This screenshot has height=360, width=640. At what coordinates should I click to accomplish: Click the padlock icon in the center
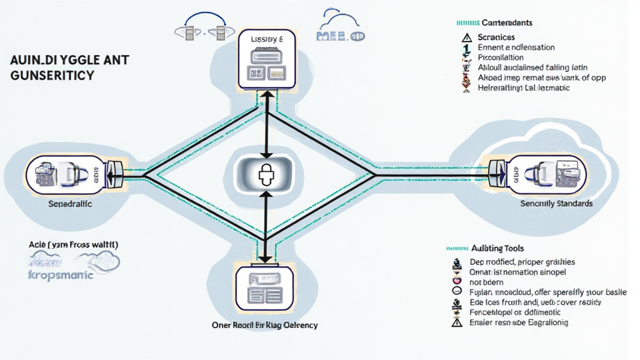[x=266, y=171]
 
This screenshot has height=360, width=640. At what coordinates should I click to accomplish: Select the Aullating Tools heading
[x=497, y=249]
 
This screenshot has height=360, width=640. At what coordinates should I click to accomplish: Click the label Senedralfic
[x=71, y=204]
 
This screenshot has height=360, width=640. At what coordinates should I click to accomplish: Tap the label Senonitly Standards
[x=556, y=204]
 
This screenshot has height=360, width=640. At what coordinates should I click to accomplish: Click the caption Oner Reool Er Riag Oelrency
[x=265, y=325]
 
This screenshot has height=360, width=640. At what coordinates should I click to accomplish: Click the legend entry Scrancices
[x=496, y=37]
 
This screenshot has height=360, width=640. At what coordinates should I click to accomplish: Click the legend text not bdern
[x=486, y=282]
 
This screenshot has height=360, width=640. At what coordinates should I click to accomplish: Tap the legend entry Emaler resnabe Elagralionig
[x=518, y=322]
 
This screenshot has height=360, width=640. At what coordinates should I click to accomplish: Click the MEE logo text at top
[x=340, y=37]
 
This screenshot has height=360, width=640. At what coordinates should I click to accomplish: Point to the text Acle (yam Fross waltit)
[x=74, y=244]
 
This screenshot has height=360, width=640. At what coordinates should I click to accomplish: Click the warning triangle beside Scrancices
[x=466, y=37]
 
